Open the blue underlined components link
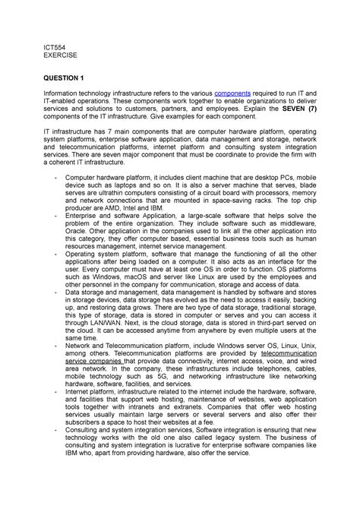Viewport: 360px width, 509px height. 237,93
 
